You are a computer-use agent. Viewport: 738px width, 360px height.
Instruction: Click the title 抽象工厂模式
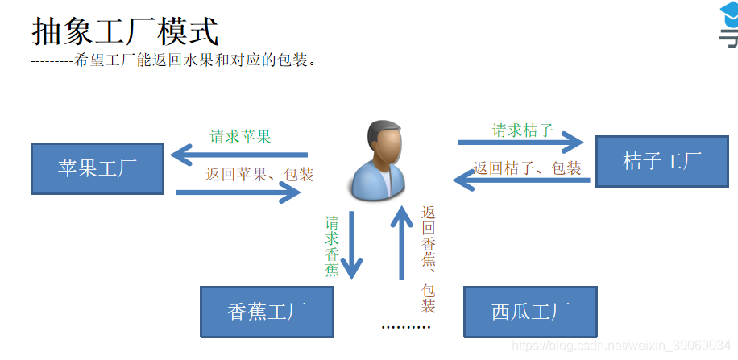click(125, 31)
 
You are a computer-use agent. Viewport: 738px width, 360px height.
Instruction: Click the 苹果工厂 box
click(97, 168)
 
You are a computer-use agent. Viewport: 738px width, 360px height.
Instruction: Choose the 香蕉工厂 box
click(266, 312)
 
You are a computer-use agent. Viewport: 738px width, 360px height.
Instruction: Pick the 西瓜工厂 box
click(530, 312)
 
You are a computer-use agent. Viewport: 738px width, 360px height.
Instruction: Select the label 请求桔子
click(523, 130)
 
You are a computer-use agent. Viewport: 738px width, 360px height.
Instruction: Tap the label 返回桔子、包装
click(527, 168)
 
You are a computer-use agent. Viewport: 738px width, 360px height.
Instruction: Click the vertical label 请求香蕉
click(332, 246)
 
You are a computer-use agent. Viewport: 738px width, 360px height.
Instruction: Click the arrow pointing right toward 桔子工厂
click(520, 143)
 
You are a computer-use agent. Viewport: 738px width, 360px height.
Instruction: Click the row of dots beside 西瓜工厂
click(406, 328)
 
